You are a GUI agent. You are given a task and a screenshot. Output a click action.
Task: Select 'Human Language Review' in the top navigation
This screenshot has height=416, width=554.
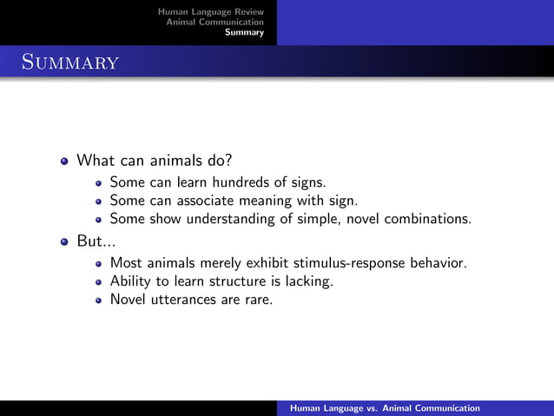tap(210, 11)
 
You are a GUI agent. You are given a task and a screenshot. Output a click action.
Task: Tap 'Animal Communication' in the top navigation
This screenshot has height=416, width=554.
tap(214, 22)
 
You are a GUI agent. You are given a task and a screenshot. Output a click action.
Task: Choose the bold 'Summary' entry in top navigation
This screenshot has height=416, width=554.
tap(244, 32)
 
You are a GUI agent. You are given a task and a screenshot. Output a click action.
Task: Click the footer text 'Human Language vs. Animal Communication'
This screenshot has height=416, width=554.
tap(385, 407)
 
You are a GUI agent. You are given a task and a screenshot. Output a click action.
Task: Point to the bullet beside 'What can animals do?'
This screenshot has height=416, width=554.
tap(64, 162)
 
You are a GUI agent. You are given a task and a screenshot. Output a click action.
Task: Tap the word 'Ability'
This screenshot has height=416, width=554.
tap(130, 281)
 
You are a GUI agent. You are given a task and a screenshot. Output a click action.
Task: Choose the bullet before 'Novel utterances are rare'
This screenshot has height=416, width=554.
tap(99, 300)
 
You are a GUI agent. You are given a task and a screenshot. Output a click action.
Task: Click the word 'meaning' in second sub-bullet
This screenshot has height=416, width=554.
tap(277, 201)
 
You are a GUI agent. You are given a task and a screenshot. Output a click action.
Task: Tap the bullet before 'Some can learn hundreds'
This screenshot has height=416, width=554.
tap(99, 183)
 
